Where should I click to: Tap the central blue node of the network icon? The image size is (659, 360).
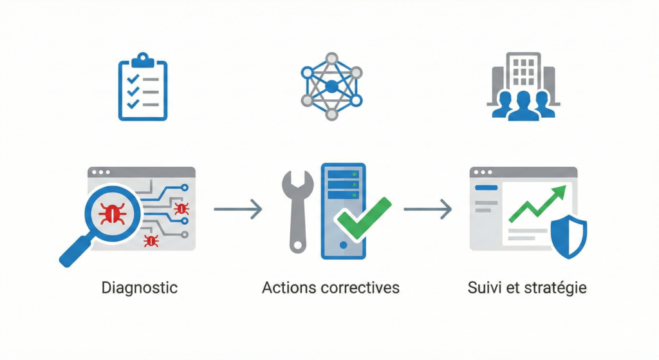(331, 86)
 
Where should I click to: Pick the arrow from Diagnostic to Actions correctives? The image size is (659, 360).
(237, 209)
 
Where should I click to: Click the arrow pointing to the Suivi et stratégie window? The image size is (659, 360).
(427, 209)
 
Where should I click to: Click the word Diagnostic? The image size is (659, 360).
(140, 287)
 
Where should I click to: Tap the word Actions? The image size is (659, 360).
(286, 287)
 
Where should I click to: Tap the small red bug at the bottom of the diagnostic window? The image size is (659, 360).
(151, 240)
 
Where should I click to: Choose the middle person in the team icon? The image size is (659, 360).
(523, 105)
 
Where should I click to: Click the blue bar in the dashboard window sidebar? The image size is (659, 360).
(487, 187)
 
